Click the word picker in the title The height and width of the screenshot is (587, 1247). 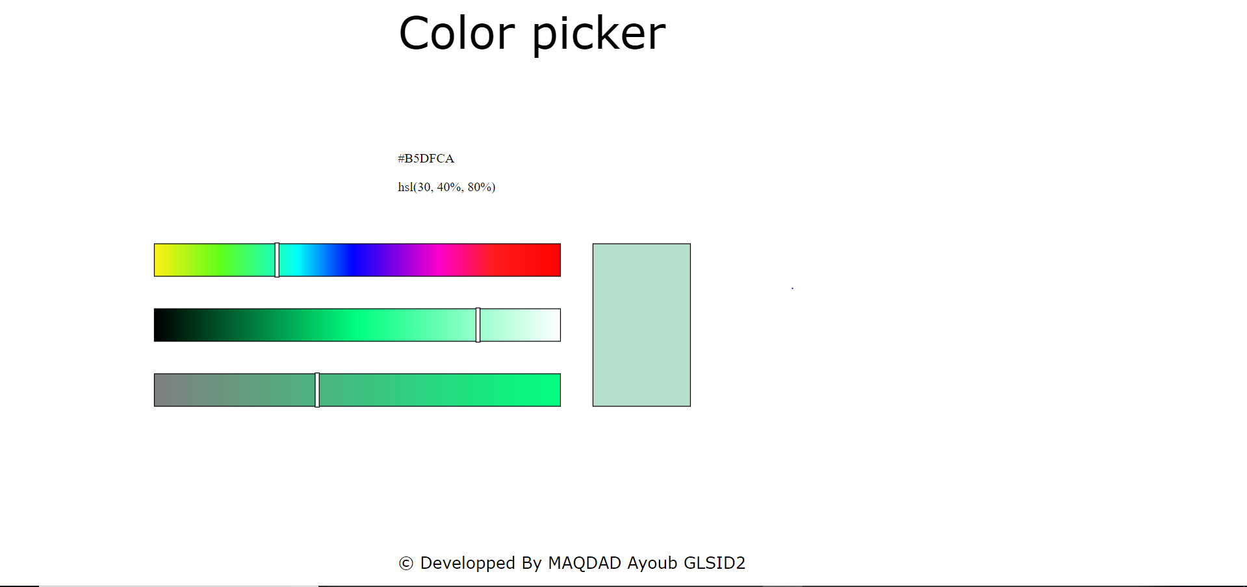tap(598, 34)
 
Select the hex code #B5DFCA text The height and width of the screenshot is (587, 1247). tap(426, 159)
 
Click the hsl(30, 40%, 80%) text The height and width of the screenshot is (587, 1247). tap(446, 187)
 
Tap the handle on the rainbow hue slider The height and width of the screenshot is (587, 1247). tap(277, 260)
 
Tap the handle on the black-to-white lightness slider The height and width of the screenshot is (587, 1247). tap(478, 325)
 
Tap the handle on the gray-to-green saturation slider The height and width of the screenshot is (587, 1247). tap(317, 390)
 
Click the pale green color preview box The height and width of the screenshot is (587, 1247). tap(641, 325)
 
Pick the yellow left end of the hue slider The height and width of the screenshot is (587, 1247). tap(159, 260)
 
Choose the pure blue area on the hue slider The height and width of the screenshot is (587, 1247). tap(353, 260)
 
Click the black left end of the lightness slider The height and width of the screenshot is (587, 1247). tap(159, 325)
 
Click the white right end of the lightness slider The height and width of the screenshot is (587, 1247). tap(555, 325)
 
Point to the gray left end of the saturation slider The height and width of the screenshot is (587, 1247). tap(159, 390)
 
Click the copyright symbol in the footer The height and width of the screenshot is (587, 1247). tap(406, 564)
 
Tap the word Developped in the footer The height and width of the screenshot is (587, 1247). tap(467, 564)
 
